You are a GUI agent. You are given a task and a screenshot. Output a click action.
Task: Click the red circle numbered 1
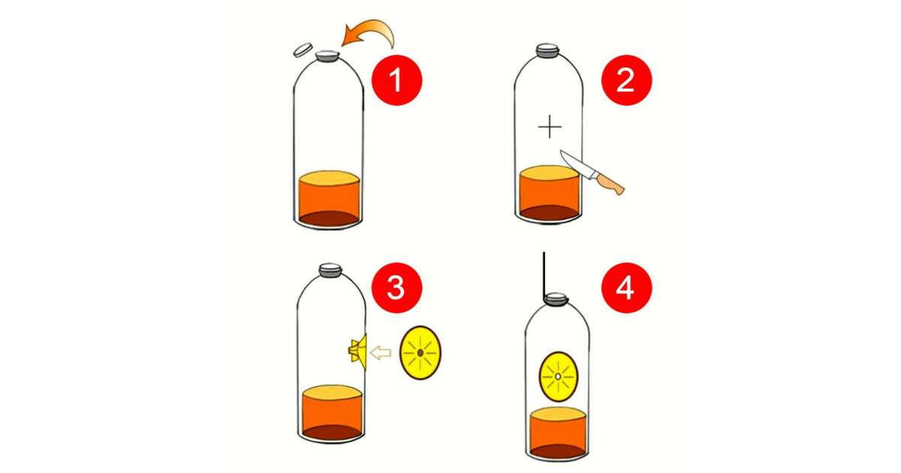(396, 80)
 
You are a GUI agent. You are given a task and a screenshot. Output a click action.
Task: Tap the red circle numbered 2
(626, 80)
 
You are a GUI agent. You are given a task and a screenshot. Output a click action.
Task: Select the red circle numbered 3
(396, 288)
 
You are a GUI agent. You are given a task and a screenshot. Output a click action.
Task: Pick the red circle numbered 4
(626, 288)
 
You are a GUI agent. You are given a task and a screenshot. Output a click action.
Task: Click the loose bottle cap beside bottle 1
(303, 50)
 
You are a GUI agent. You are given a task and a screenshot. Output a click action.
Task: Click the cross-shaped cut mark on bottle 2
(550, 127)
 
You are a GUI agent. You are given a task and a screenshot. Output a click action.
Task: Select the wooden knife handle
(610, 183)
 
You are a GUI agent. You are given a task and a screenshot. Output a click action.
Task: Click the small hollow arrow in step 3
(380, 353)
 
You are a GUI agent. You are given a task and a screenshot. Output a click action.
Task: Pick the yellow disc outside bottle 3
(420, 353)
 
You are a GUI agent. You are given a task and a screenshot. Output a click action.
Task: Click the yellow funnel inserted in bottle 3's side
(358, 351)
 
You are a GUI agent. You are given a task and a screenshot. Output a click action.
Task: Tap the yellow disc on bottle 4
(559, 376)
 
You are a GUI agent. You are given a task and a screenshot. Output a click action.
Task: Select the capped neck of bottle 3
(330, 270)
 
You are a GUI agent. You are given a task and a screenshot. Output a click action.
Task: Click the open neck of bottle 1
(327, 56)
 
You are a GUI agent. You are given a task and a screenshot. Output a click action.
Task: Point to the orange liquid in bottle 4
(558, 433)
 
